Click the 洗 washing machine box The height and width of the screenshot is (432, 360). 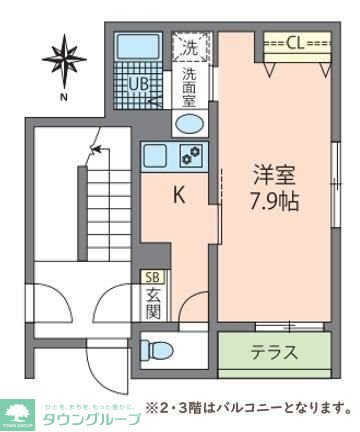point(190,47)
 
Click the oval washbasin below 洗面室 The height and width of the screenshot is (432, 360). point(189,124)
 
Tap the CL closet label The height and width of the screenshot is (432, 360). point(297,43)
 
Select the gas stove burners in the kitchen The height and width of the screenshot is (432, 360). point(189,156)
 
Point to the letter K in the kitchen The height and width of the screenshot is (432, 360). point(179,196)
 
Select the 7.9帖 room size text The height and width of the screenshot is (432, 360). point(273,200)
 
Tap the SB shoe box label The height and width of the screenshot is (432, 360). point(153,277)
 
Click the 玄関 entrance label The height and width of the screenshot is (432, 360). point(153,305)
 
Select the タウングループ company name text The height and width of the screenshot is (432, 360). point(91,418)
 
